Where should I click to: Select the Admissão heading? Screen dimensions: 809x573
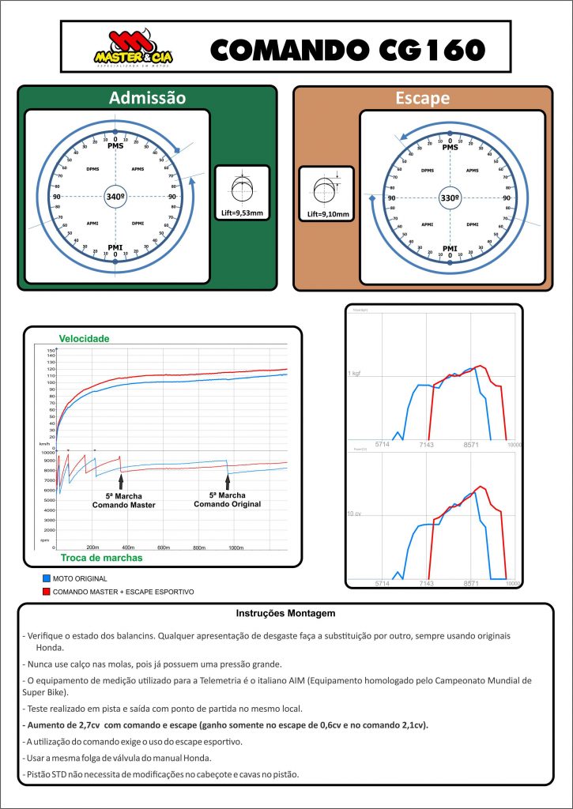point(148,98)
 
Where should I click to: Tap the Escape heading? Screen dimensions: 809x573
point(422,98)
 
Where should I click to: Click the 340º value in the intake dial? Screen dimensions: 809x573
point(115,197)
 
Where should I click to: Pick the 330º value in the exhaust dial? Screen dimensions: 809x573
point(450,197)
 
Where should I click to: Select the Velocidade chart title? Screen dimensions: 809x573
point(85,338)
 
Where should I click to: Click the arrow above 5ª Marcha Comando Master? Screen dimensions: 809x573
point(121,482)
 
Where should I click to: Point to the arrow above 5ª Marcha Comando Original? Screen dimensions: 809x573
point(228,481)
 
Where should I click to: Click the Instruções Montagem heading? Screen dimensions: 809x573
point(286,613)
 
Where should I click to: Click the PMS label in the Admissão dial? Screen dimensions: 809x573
point(115,147)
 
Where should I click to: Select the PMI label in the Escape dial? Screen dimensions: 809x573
point(450,248)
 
